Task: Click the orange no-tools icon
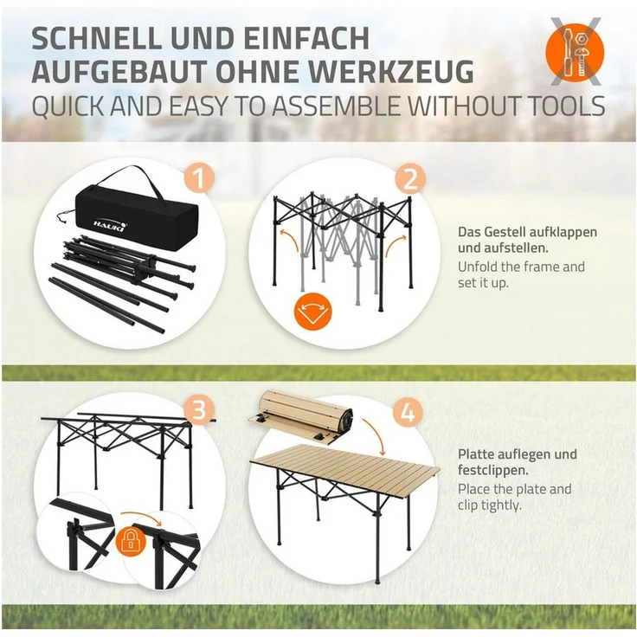pyautogui.click(x=575, y=53)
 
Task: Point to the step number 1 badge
pyautogui.click(x=199, y=178)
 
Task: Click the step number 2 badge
pyautogui.click(x=410, y=178)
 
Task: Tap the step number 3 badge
pyautogui.click(x=199, y=410)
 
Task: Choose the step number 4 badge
pyautogui.click(x=408, y=413)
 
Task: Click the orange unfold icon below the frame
pyautogui.click(x=312, y=311)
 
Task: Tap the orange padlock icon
pyautogui.click(x=131, y=542)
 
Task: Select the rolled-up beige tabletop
pyautogui.click(x=300, y=415)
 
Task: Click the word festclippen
pyautogui.click(x=493, y=471)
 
